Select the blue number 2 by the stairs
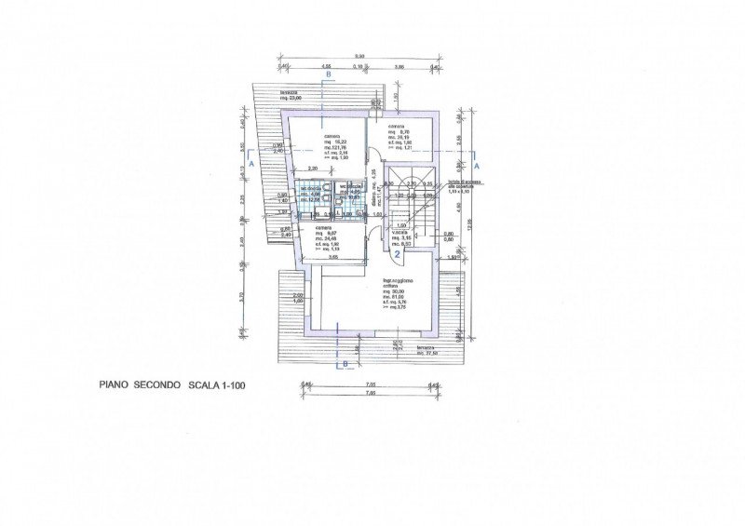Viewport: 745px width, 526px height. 396,252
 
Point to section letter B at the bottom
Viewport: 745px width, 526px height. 345,365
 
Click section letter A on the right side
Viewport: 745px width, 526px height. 476,166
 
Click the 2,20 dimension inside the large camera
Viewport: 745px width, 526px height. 315,169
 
